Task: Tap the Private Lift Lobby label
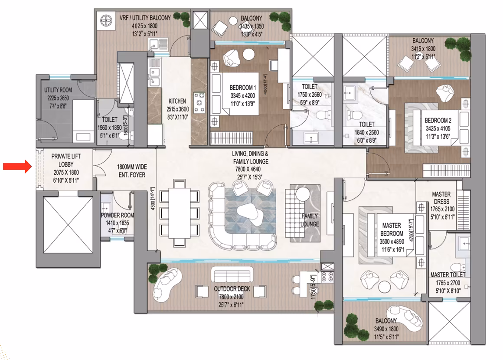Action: (66, 160)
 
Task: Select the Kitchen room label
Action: (177, 101)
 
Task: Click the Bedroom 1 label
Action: (243, 87)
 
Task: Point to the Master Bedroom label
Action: (392, 229)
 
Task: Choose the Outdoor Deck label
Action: (232, 289)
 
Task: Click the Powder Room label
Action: (118, 215)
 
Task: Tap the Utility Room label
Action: (58, 90)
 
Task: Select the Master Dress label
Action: (441, 198)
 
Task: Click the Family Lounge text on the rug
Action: (310, 220)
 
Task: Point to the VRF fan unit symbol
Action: (106, 22)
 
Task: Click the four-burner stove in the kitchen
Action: (199, 102)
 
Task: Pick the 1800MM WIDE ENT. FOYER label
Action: (132, 171)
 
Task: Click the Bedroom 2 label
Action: (438, 120)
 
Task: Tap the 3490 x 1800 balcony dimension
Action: (386, 329)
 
